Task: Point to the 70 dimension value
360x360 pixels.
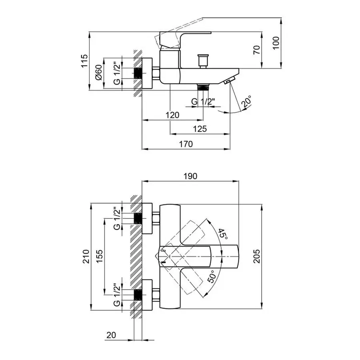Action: (x=257, y=50)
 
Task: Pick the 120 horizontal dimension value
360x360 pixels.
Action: (x=172, y=115)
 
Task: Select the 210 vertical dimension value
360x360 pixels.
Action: (x=85, y=256)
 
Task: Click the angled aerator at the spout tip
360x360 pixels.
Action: (x=230, y=81)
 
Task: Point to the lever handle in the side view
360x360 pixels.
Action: (x=184, y=35)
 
